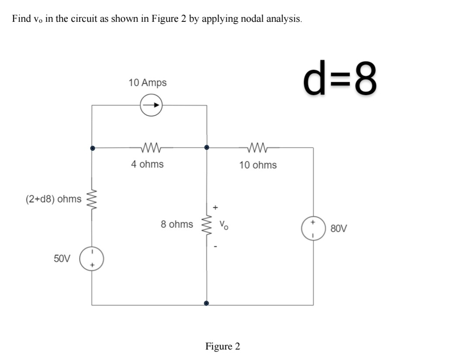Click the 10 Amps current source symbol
click(x=151, y=105)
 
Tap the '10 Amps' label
click(x=148, y=83)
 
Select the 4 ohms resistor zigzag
click(x=151, y=148)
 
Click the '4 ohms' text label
click(x=148, y=164)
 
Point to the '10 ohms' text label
click(x=258, y=165)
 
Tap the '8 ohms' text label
click(x=177, y=224)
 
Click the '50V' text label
click(x=62, y=258)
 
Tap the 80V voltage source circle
click(x=313, y=228)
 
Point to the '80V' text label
click(x=339, y=228)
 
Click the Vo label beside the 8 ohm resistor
click(x=223, y=226)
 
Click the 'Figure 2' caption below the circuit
click(x=222, y=346)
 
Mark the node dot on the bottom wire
click(x=206, y=303)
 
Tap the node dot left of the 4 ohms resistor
click(x=92, y=148)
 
